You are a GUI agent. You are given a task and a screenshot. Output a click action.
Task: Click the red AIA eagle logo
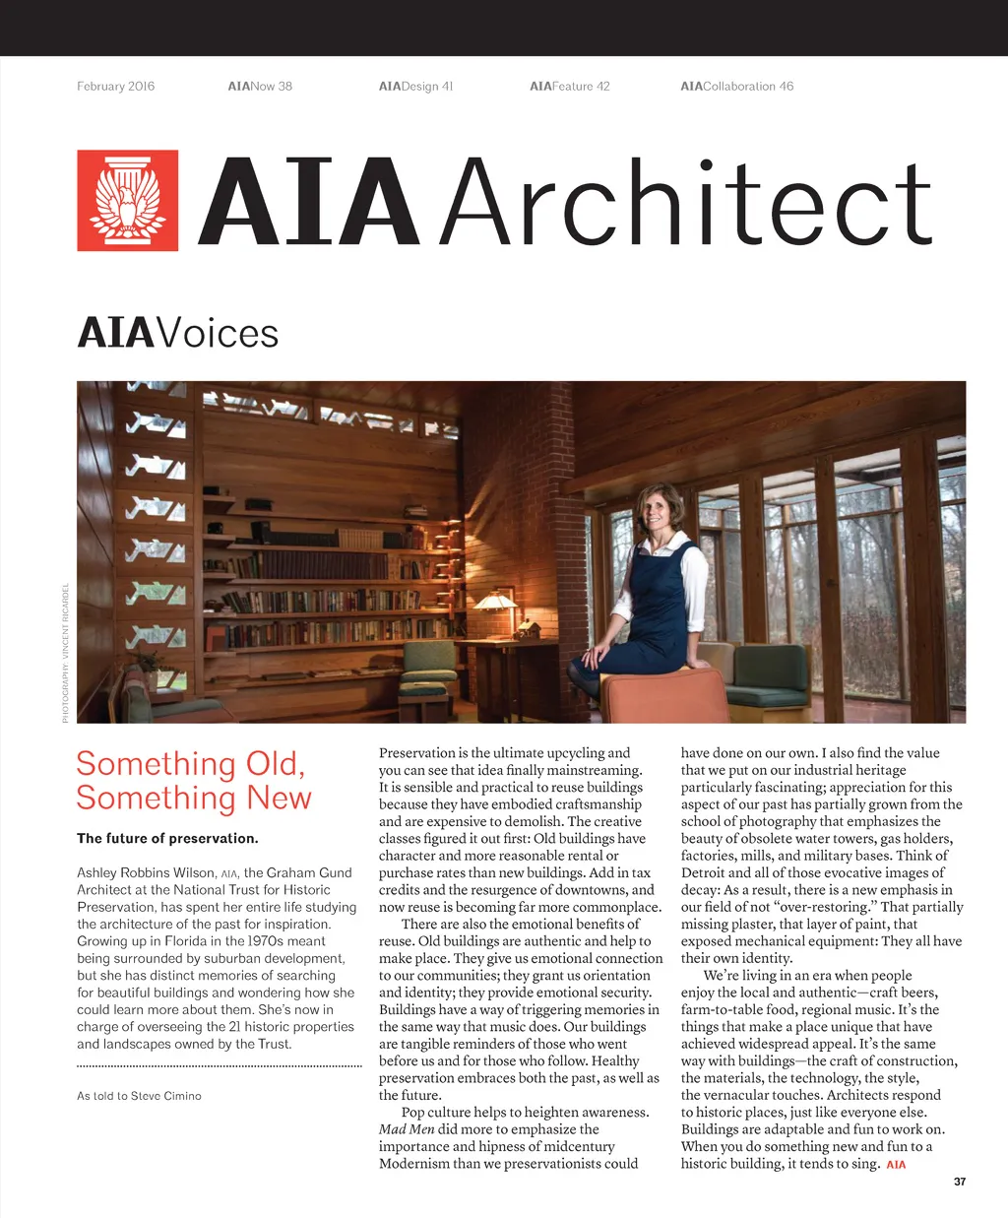click(128, 201)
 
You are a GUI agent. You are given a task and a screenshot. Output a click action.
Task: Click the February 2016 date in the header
click(116, 87)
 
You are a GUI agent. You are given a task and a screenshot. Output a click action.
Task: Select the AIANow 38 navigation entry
click(260, 87)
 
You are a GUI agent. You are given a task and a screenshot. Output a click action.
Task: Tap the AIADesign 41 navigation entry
click(415, 87)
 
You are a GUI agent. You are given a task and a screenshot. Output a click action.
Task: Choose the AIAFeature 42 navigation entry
click(569, 87)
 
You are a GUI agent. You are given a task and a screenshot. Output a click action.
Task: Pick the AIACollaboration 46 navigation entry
click(736, 87)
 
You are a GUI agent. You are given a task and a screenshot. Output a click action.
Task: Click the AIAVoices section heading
click(178, 333)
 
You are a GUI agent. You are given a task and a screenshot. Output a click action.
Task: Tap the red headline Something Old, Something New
click(193, 781)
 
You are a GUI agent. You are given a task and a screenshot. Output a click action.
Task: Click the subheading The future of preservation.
click(167, 839)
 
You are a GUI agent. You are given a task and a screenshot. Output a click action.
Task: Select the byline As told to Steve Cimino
click(139, 1096)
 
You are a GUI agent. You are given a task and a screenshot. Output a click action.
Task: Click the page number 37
click(960, 1182)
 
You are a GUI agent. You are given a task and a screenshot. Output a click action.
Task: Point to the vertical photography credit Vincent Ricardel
click(66, 653)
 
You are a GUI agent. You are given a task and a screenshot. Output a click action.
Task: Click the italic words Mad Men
click(407, 1129)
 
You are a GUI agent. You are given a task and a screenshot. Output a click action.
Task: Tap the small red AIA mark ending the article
click(896, 1165)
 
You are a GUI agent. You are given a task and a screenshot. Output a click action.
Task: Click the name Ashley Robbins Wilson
click(145, 873)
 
